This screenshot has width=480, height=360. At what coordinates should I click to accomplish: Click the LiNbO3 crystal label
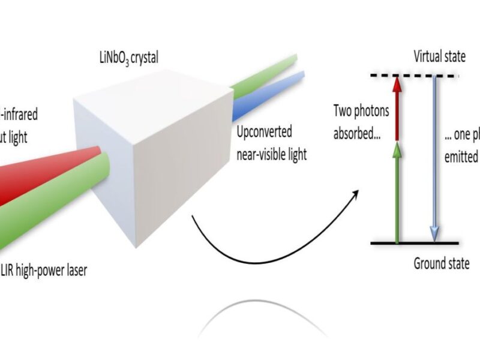coord(128,59)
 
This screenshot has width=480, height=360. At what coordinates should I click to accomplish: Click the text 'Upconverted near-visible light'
coord(271,143)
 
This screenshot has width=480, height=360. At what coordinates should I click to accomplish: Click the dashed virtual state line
coord(413,76)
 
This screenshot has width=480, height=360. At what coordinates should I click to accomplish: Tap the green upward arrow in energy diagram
coord(396,192)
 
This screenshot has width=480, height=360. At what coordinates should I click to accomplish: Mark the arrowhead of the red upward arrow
coord(396,84)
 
